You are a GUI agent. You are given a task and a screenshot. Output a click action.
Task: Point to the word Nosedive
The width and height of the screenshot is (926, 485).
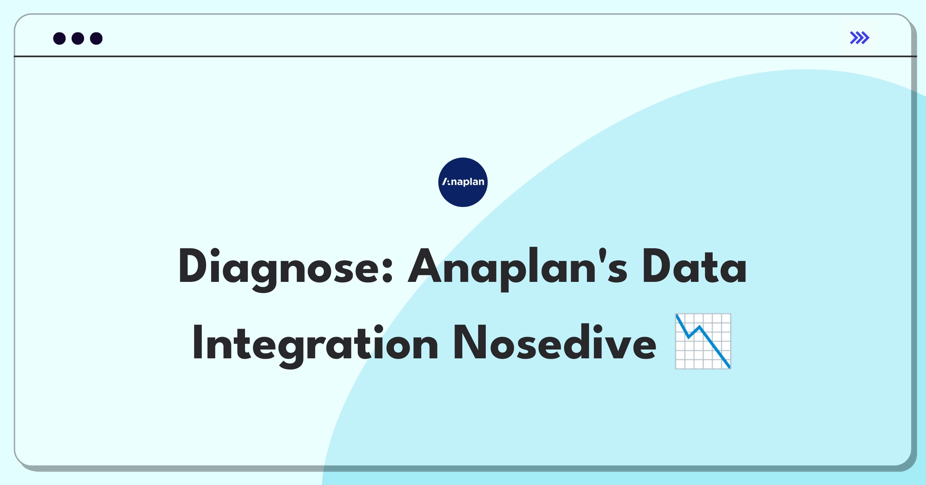[555, 342]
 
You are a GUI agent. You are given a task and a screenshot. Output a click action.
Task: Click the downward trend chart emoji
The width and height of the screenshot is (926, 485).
[703, 341]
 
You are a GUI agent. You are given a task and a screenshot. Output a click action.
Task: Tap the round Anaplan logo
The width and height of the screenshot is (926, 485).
[463, 182]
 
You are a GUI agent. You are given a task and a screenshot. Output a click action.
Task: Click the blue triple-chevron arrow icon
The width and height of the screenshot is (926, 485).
[860, 38]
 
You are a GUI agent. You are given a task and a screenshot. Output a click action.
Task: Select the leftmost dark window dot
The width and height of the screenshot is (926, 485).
[59, 39]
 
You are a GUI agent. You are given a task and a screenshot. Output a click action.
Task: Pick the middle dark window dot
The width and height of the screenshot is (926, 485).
[78, 39]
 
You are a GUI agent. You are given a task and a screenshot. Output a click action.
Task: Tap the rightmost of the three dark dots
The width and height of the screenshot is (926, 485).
[96, 39]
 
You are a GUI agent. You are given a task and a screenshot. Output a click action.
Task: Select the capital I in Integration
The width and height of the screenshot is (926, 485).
[197, 342]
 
